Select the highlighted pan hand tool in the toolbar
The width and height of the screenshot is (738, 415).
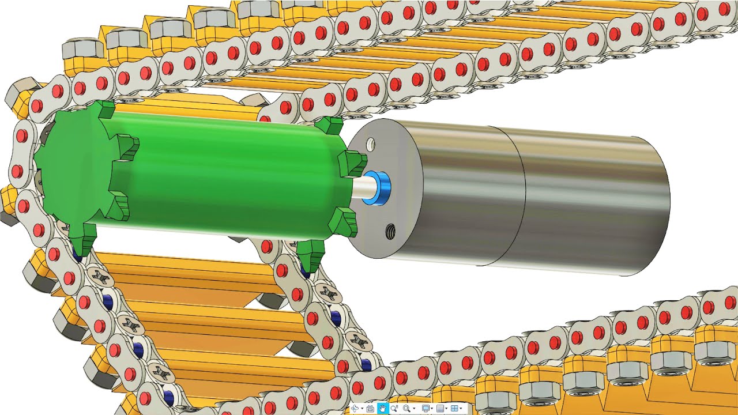(382, 408)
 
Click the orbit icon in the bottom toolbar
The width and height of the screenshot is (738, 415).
(355, 408)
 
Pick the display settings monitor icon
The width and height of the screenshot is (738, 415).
(426, 408)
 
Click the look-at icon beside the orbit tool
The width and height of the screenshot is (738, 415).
(370, 408)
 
